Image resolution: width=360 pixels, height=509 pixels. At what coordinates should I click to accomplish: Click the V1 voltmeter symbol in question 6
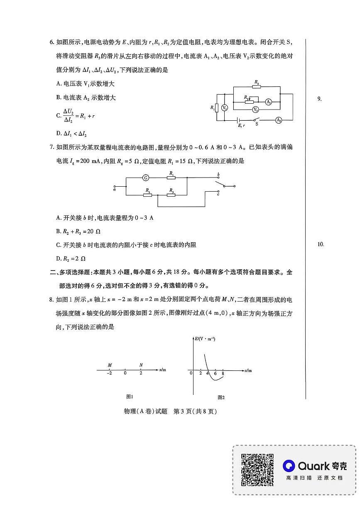tap(225, 108)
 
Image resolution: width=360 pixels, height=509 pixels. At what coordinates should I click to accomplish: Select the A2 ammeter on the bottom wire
tap(278, 120)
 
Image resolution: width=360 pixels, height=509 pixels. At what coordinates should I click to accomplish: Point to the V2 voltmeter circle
tap(256, 110)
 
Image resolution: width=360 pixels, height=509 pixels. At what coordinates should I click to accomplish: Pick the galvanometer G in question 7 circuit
tap(146, 178)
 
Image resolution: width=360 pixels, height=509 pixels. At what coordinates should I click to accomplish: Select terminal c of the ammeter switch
tap(218, 193)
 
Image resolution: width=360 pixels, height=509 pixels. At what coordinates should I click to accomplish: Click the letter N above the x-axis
tap(141, 365)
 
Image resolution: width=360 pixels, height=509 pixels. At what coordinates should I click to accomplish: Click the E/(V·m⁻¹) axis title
tap(205, 339)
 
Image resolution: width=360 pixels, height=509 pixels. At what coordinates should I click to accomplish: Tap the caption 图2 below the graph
tap(221, 397)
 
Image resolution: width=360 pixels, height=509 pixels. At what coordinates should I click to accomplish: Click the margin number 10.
tap(320, 244)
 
